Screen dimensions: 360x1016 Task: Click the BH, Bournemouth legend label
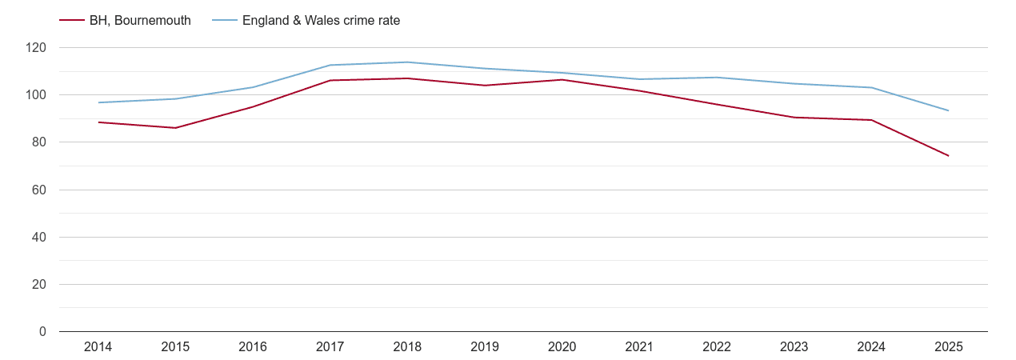[x=140, y=21]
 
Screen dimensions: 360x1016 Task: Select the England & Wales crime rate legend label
[x=321, y=21]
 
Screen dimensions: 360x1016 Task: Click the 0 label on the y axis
[x=42, y=331]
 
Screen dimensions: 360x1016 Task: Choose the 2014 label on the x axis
[x=98, y=347]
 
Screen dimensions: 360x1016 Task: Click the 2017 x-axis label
[x=330, y=347]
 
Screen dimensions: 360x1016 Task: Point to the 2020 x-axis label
[x=562, y=347]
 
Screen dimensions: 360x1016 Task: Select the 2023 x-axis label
[x=794, y=347]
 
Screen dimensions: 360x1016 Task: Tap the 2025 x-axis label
[x=948, y=347]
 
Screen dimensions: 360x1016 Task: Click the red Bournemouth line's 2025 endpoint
[x=948, y=155]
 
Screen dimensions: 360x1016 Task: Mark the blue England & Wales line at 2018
[x=407, y=62]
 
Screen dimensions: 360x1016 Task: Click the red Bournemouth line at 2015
[x=175, y=128]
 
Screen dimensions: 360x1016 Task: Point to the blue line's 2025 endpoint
[x=948, y=110]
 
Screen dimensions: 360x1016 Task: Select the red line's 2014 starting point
[x=98, y=122]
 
